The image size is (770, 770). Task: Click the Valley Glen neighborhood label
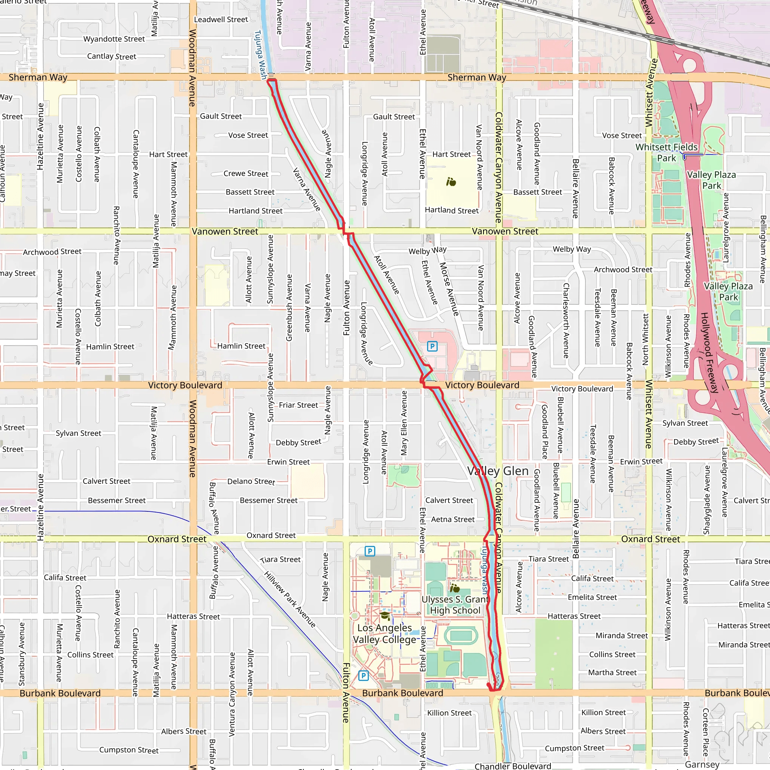(498, 471)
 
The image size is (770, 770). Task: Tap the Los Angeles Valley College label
(385, 633)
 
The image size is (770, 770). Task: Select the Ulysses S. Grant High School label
(455, 605)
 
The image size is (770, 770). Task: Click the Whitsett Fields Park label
(666, 153)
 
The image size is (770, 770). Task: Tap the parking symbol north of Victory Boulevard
(432, 346)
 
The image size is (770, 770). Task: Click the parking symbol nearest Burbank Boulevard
(364, 675)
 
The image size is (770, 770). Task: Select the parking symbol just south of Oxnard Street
(370, 551)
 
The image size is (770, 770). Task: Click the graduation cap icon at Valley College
(385, 616)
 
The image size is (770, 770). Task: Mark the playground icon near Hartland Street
(451, 182)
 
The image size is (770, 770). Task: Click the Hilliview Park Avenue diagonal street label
(290, 599)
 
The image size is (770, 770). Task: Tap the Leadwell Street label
(221, 20)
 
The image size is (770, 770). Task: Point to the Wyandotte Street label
(114, 39)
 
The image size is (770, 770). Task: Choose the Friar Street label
(298, 405)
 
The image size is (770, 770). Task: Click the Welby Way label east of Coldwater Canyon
(571, 249)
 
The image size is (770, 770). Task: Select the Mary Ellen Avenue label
(404, 423)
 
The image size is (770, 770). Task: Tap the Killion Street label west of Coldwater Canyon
(449, 713)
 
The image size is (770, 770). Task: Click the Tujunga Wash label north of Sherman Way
(260, 55)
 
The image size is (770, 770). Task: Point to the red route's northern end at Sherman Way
(271, 80)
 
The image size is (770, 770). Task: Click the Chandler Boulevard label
(512, 765)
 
